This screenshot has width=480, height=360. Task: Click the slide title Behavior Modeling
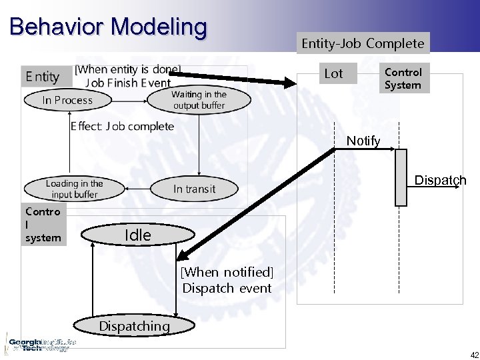(109, 27)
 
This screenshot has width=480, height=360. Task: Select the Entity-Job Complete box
(363, 43)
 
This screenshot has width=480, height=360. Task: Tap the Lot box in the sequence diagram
(333, 74)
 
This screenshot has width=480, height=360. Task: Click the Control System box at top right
(403, 79)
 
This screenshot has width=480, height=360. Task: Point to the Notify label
(363, 141)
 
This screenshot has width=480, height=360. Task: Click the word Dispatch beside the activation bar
(440, 181)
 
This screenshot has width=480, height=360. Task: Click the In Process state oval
(67, 100)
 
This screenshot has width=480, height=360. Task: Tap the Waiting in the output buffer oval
(199, 100)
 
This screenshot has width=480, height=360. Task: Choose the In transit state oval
(194, 189)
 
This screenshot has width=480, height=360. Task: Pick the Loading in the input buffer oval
(74, 189)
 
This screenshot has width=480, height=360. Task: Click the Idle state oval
(137, 235)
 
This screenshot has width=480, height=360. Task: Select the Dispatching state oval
(134, 326)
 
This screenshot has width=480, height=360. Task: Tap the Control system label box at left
(43, 224)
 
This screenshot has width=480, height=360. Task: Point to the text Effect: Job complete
(122, 127)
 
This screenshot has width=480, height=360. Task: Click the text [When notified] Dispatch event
(227, 280)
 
